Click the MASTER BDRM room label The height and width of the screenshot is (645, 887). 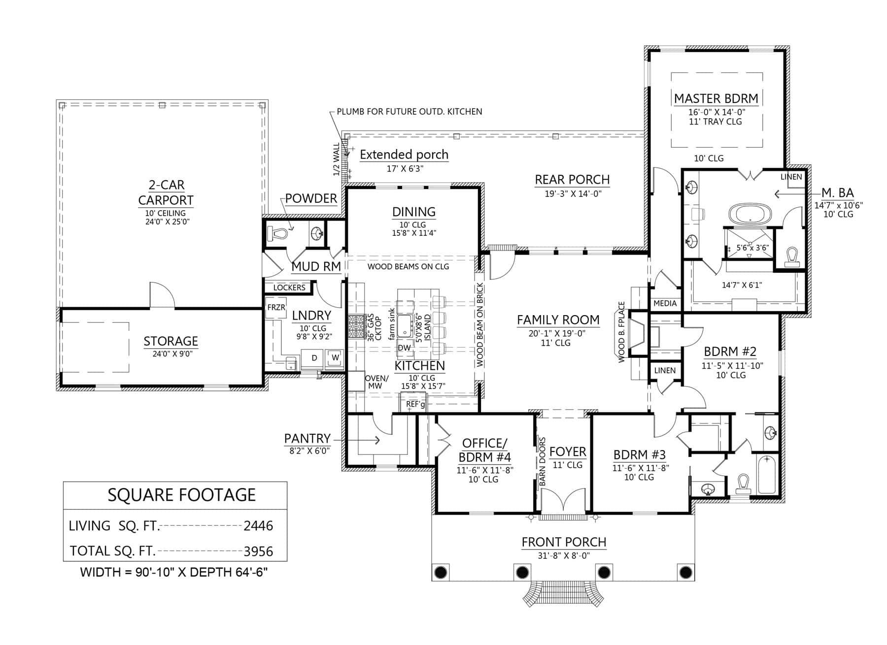pos(716,98)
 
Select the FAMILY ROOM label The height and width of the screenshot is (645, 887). pos(558,320)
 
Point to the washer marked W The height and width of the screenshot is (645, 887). pos(336,358)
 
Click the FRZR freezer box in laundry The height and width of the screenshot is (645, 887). pos(275,308)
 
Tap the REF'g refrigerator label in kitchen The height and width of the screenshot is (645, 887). pos(415,404)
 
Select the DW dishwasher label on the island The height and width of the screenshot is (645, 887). pos(404,348)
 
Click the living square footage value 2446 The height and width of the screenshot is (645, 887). pos(258,526)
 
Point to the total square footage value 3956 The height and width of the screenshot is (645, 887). pos(258,551)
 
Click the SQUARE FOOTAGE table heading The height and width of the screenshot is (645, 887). pos(182,495)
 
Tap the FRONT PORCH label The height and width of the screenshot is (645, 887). pos(564,542)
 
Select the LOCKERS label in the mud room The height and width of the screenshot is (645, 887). pos(289,288)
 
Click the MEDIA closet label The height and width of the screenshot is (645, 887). pos(665,303)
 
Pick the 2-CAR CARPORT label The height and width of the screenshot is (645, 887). pos(166,193)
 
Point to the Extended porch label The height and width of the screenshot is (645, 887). pos(404,155)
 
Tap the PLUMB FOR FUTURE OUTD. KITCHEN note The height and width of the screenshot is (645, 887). pos(409,112)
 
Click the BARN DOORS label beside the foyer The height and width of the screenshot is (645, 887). pos(543,462)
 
